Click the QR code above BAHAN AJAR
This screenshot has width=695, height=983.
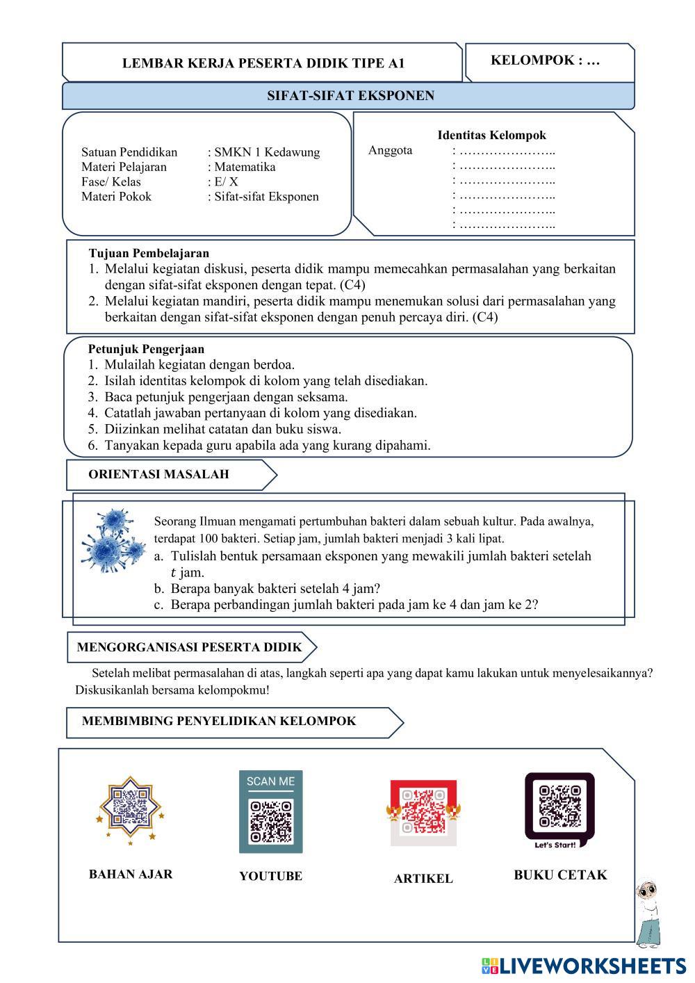point(131,808)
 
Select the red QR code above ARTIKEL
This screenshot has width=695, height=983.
point(423,811)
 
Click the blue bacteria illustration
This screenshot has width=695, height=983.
point(111,540)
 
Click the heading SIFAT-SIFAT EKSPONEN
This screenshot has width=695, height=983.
point(350,96)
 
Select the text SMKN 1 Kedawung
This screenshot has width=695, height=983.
point(267,152)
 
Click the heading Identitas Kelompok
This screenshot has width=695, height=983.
point(491,136)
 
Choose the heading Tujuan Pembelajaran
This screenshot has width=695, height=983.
point(149,253)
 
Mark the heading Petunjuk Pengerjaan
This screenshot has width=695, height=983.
point(146,349)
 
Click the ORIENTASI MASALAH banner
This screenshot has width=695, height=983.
point(158,475)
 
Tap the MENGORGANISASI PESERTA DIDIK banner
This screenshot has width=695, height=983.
point(189,647)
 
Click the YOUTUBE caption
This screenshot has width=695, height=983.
point(270,877)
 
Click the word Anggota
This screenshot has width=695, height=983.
point(390,150)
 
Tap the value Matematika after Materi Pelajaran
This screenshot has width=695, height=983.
point(245,167)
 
